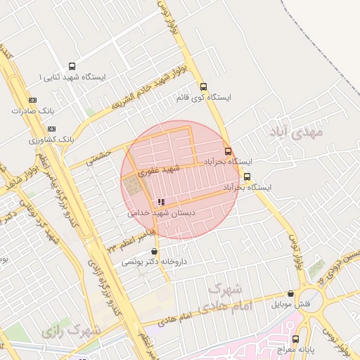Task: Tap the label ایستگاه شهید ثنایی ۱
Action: point(73,76)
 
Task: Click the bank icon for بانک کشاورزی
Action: point(51,129)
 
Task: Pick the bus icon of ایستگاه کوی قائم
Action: point(204,87)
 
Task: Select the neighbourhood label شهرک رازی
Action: point(70,328)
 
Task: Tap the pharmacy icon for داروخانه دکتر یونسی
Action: point(154,251)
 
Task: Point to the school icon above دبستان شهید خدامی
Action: point(161,202)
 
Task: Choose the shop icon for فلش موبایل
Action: point(290,294)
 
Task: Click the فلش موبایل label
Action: point(292,304)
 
